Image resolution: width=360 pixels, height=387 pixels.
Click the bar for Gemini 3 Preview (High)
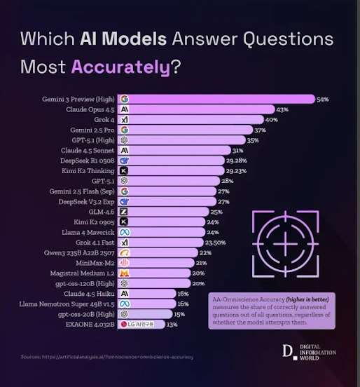coord(217,100)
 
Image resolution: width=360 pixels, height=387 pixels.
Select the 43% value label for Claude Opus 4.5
coord(283,110)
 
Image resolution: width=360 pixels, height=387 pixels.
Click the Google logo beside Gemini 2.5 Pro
coord(124,130)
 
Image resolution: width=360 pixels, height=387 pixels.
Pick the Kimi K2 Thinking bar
coord(172,170)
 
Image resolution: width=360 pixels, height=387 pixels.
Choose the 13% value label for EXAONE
coord(172,325)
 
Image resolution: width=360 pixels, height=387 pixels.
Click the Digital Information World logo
coord(311,351)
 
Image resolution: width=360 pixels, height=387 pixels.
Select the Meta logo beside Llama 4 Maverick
coord(124,232)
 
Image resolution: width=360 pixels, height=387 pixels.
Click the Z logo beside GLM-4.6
coord(124,211)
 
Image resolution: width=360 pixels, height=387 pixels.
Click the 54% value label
coord(323,100)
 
